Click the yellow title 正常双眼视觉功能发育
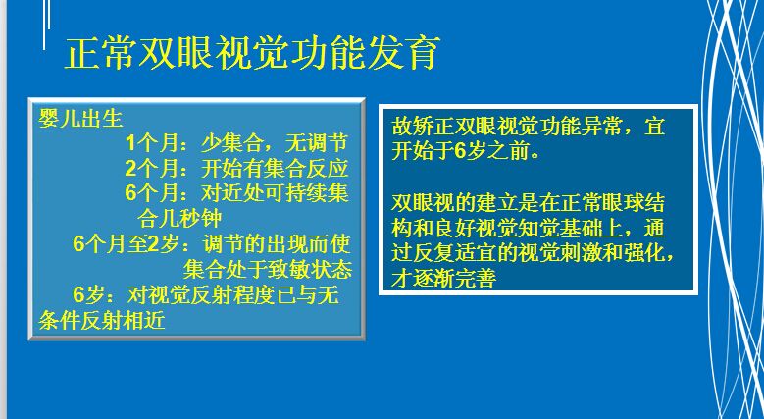pos(252,52)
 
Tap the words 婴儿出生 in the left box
pos(80,118)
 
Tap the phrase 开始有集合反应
pos(275,168)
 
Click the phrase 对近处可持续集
pos(275,193)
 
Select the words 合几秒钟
pos(179,219)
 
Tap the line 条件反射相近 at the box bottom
pos(102,321)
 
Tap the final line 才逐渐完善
pos(444,279)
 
